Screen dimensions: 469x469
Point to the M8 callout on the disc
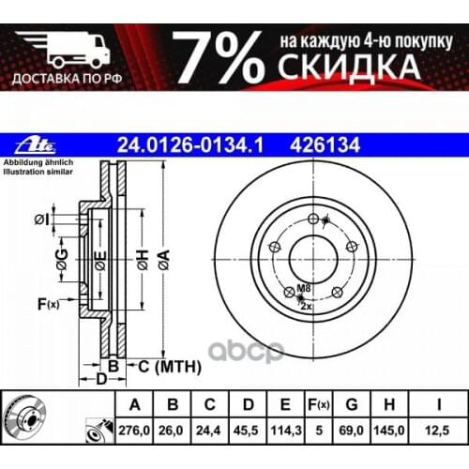(303, 289)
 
